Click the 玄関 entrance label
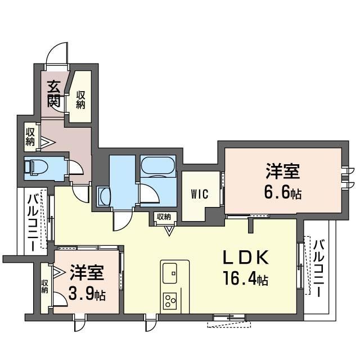(x=54, y=94)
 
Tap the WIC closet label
(x=200, y=194)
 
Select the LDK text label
(x=246, y=258)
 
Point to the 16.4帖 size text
(x=246, y=278)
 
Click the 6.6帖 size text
(x=283, y=192)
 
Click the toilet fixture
(x=35, y=166)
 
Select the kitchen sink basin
(x=170, y=273)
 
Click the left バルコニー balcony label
(x=33, y=222)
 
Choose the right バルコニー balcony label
(x=319, y=268)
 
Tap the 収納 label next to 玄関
(x=80, y=100)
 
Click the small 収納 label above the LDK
(x=164, y=217)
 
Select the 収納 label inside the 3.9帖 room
(x=44, y=286)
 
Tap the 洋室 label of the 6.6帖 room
(x=283, y=171)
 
